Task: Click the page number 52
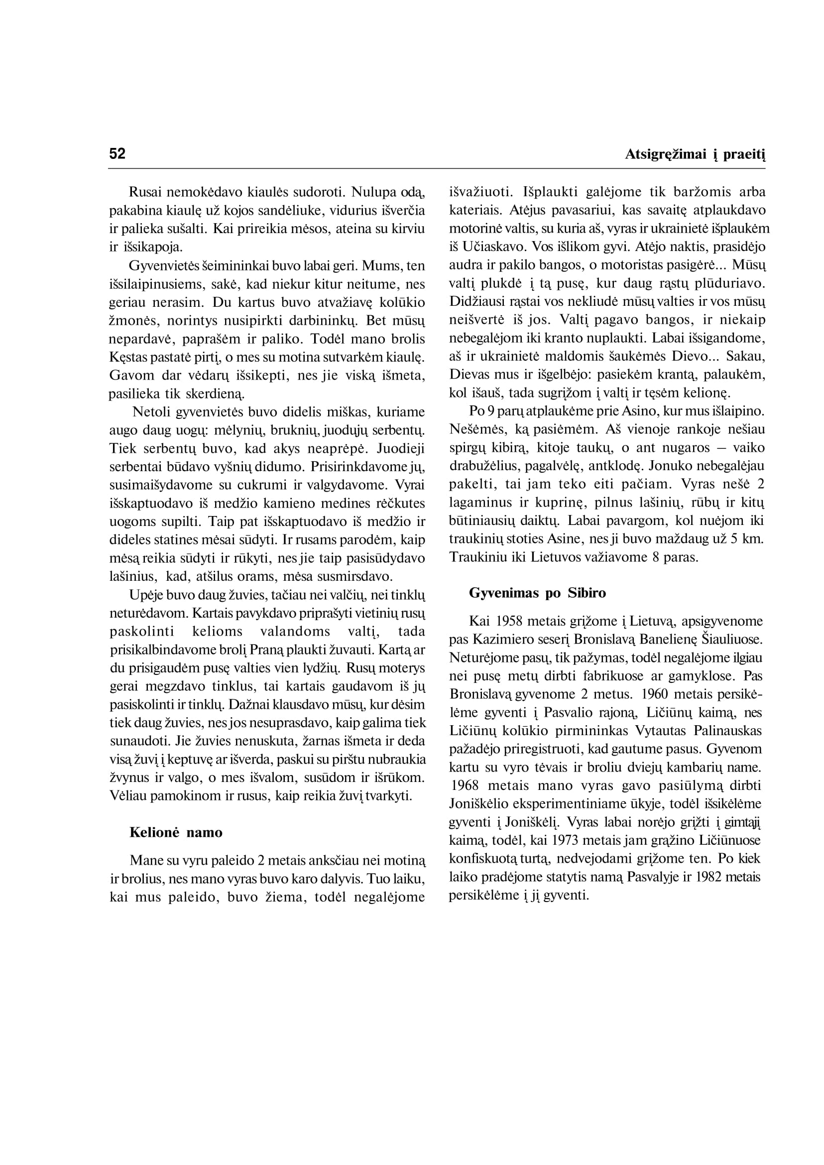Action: (x=117, y=153)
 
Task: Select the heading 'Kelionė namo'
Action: (x=176, y=832)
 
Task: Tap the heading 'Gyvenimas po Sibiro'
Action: (x=537, y=593)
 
